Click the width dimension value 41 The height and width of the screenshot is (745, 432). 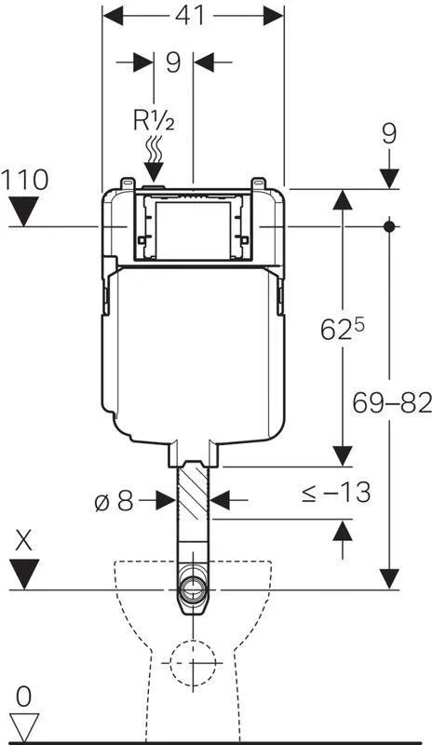click(x=193, y=16)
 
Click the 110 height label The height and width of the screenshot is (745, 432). click(x=25, y=180)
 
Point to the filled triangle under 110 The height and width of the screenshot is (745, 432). click(x=25, y=213)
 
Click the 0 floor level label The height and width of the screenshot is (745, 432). click(x=25, y=694)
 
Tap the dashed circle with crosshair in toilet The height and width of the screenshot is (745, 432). click(x=194, y=664)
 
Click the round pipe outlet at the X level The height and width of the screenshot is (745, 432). click(x=194, y=589)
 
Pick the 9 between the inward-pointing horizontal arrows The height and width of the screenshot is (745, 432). click(x=172, y=62)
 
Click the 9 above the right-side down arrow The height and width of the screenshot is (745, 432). click(x=388, y=133)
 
